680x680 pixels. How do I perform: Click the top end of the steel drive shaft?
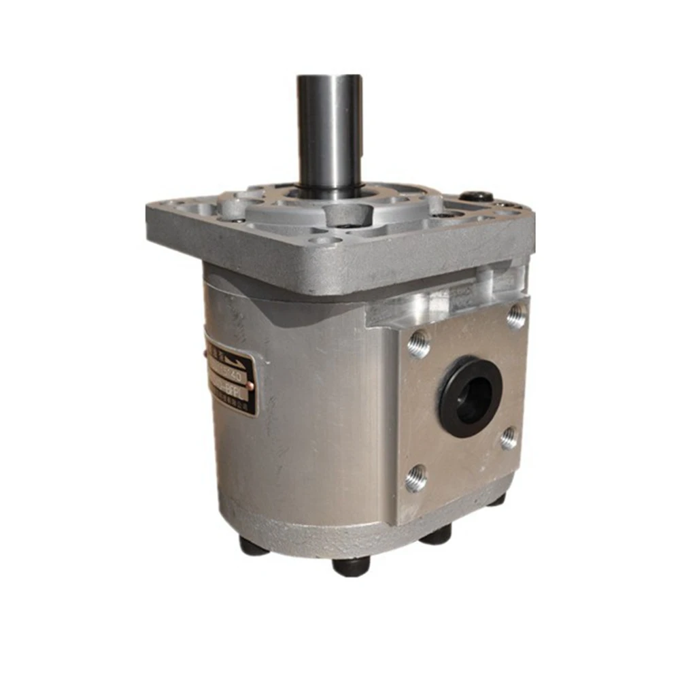(329, 79)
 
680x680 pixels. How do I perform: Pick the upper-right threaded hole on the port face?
(516, 316)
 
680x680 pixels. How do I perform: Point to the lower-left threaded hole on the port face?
(416, 479)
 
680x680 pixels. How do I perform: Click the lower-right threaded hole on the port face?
(508, 438)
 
